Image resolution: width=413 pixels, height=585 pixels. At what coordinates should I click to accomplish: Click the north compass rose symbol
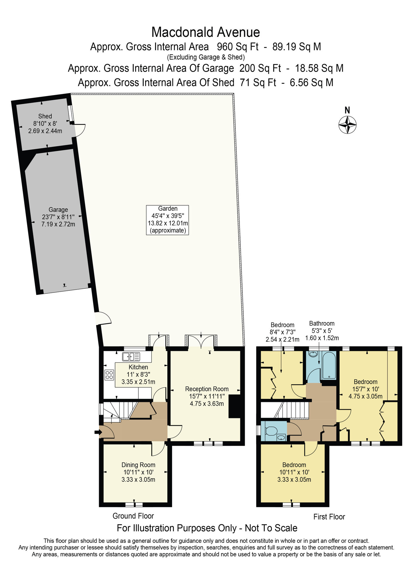[x=347, y=125]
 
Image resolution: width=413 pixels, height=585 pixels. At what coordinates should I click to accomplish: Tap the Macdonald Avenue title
[x=205, y=32]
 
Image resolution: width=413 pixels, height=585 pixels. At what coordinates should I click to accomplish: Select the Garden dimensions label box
[x=167, y=220]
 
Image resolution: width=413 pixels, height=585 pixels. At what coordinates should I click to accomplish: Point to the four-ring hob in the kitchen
[x=109, y=375]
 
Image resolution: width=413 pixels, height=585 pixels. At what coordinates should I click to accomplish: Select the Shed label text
[x=45, y=116]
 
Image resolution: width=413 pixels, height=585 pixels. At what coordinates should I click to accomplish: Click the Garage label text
[x=58, y=210]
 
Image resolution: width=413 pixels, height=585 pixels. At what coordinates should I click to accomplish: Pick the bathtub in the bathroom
[x=329, y=366]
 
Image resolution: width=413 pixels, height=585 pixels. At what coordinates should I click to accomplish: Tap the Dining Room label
[x=138, y=465]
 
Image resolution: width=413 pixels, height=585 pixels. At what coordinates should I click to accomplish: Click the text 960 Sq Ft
[x=237, y=47]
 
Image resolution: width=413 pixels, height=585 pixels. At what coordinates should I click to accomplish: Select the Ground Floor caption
[x=133, y=516]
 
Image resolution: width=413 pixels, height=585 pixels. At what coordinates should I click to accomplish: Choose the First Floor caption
[x=329, y=517]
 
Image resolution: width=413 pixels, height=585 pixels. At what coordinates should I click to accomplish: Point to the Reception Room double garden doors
[x=201, y=341]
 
